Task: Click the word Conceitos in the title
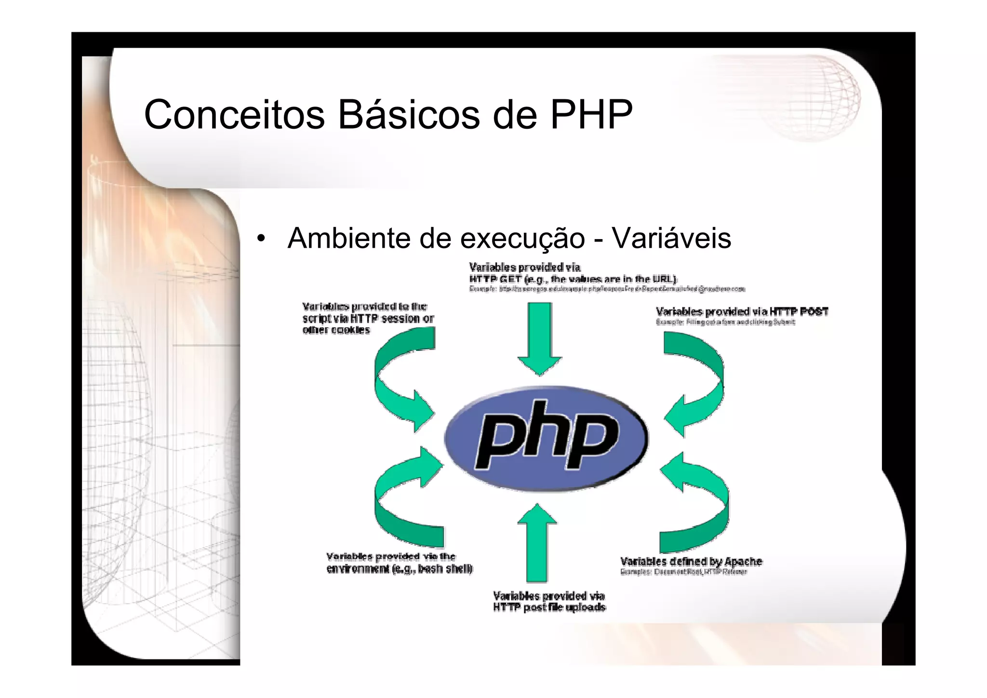click(x=234, y=115)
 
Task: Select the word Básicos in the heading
click(x=409, y=115)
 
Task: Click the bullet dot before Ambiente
click(x=261, y=238)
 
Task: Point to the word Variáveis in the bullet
click(x=671, y=238)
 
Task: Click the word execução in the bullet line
click(x=522, y=238)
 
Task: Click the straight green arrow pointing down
click(x=540, y=337)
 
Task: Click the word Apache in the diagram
click(x=743, y=562)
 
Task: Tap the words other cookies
click(x=336, y=330)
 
